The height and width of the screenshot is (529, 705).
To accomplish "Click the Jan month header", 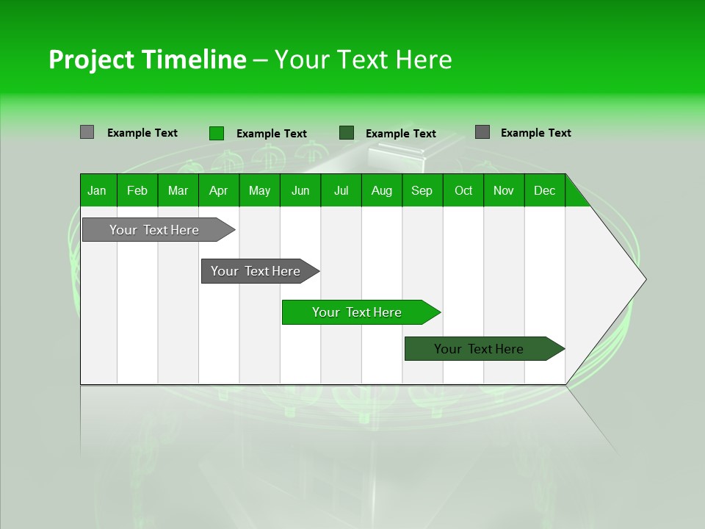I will (98, 190).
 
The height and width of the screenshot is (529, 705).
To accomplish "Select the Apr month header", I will (219, 190).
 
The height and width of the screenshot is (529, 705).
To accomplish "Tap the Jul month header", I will (341, 190).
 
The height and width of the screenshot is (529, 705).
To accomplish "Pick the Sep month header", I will (422, 190).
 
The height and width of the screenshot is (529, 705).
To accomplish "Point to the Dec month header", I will (544, 190).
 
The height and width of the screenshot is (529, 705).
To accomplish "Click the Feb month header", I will (137, 190).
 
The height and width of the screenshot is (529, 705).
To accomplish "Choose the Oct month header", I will (463, 190).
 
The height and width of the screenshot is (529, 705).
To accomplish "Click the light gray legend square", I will (87, 132).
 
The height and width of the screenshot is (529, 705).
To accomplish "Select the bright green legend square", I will (217, 133).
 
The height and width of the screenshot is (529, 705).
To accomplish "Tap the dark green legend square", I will (347, 133).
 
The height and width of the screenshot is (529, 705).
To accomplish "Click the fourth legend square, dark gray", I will (482, 132).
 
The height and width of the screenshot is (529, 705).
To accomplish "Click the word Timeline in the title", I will (194, 60).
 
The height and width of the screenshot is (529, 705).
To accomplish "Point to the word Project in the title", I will (92, 60).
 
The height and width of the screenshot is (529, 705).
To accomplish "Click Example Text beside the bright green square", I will (271, 134).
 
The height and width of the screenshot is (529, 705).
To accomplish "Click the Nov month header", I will (504, 190).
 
